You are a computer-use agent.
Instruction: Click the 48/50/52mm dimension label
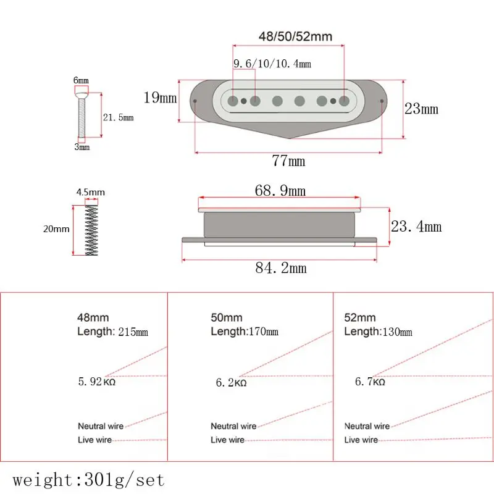coord(295,36)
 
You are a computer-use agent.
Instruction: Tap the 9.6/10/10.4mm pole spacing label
coord(272,64)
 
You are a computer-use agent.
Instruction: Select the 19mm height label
coord(160,98)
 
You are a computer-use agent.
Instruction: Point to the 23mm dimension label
coord(421,109)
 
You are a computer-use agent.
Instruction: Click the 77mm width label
coord(288,161)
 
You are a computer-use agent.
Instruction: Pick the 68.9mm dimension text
coord(280,191)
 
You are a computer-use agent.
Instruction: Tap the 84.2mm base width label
coord(281,268)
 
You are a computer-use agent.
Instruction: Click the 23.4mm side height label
coord(416,226)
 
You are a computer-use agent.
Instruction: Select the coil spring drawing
coord(91,230)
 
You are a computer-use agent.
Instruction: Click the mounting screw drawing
coord(82,115)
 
